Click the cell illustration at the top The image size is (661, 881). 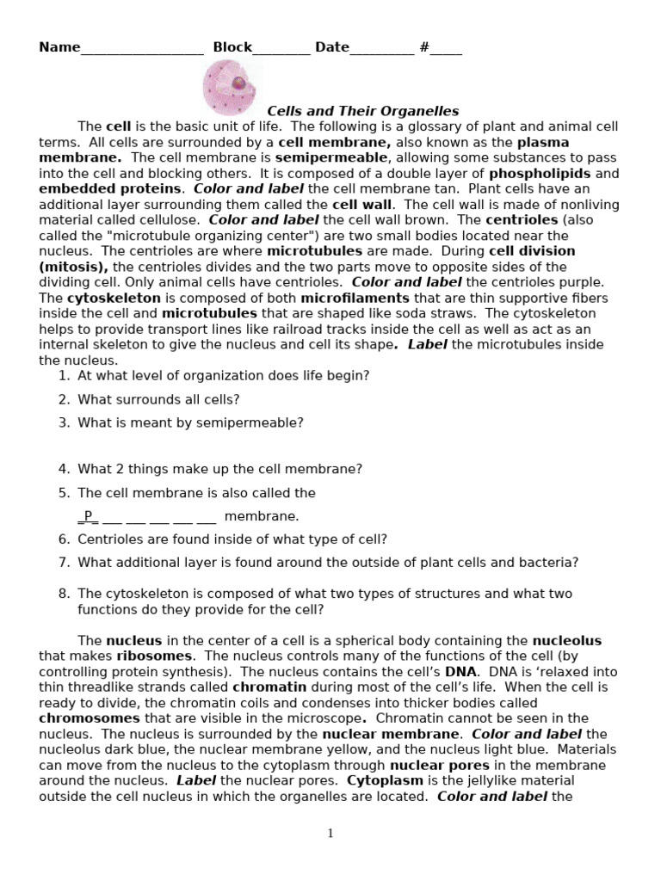[231, 89]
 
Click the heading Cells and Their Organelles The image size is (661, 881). [362, 111]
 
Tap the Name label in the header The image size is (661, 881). [59, 47]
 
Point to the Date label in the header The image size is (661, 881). [331, 47]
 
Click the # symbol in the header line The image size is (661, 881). [424, 47]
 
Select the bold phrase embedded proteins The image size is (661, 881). [110, 188]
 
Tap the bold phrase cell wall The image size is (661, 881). [361, 204]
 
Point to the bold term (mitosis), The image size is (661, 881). [73, 267]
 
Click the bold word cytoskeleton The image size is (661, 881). [114, 298]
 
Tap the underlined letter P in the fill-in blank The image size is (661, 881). [88, 516]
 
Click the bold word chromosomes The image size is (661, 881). [90, 718]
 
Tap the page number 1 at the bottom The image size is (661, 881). [330, 833]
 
